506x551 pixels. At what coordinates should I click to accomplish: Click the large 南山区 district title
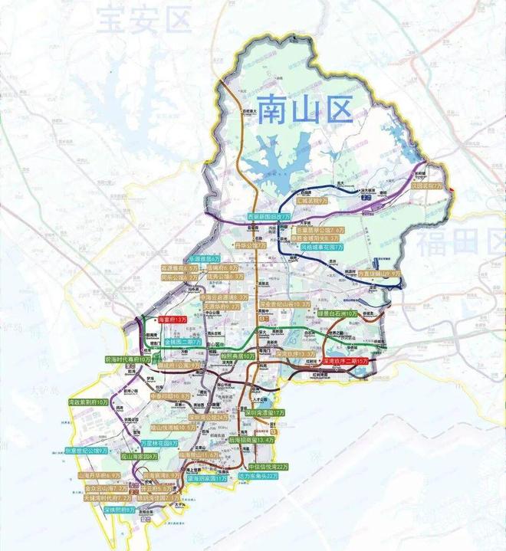[304, 110]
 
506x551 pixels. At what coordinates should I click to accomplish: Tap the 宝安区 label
[145, 21]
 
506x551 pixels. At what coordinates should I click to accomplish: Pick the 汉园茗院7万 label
[426, 185]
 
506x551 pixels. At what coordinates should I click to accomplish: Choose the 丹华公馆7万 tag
[251, 246]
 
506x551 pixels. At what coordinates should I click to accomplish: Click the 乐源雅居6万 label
[205, 259]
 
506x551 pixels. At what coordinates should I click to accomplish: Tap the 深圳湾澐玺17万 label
[265, 412]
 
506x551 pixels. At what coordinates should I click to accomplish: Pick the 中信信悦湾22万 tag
[268, 466]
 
